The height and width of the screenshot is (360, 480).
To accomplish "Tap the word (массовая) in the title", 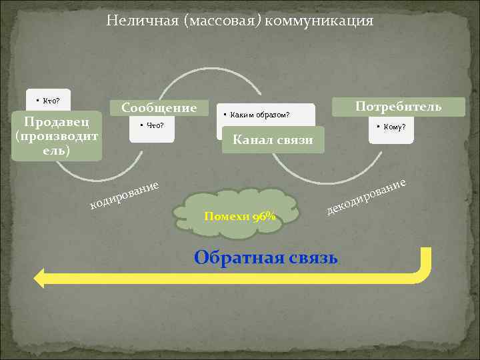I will coord(223,21).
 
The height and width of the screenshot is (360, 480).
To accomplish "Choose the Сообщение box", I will coord(159,107).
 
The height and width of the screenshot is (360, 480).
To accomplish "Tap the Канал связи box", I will coord(272,139).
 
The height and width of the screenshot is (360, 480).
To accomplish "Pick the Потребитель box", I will coord(398,107).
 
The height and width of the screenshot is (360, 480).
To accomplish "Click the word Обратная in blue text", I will coord(233,257).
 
